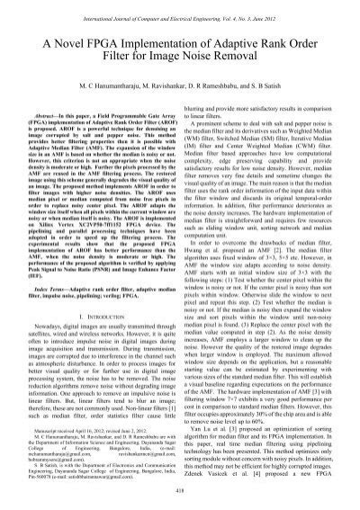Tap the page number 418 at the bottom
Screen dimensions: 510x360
[180, 502]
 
